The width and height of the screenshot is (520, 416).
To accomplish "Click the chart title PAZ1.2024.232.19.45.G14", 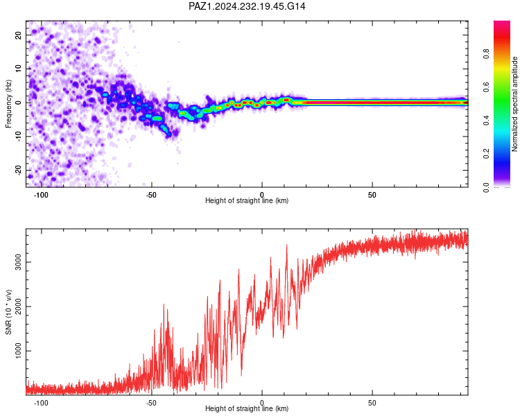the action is (x=247, y=6).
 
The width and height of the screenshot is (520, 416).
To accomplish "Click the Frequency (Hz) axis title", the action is (x=8, y=104).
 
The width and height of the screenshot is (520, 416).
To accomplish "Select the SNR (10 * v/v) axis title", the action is (x=8, y=312).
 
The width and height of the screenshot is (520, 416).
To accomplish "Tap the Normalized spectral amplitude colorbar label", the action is (x=514, y=104).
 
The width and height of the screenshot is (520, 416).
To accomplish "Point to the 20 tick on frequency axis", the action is (x=19, y=35).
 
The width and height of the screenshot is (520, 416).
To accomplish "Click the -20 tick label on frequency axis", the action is (x=19, y=171).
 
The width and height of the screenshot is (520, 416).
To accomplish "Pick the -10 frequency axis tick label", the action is (x=19, y=137).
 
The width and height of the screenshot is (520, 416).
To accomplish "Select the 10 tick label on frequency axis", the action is (x=19, y=69).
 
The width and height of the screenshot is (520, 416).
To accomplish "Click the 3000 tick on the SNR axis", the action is (x=19, y=262).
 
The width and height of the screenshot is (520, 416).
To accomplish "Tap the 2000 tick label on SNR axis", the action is (x=19, y=306).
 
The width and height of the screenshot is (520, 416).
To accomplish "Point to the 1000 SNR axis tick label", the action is (x=19, y=351).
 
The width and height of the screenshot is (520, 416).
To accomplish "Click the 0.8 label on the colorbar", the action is (x=486, y=53).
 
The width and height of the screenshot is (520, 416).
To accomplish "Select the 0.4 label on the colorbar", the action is (x=486, y=121).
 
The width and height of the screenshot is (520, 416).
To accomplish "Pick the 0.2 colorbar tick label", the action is (x=486, y=154).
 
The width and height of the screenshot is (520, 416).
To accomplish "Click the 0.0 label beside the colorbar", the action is (x=486, y=187).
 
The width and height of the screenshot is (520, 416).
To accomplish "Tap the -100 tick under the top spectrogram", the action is (x=41, y=195).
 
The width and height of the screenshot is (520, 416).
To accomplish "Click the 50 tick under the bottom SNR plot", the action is (x=372, y=403).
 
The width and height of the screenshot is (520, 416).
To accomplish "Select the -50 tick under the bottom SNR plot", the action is (x=151, y=403).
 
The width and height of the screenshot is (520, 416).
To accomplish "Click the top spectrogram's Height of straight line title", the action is (x=247, y=200).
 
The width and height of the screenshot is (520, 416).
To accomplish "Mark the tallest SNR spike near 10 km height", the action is (x=286, y=245).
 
